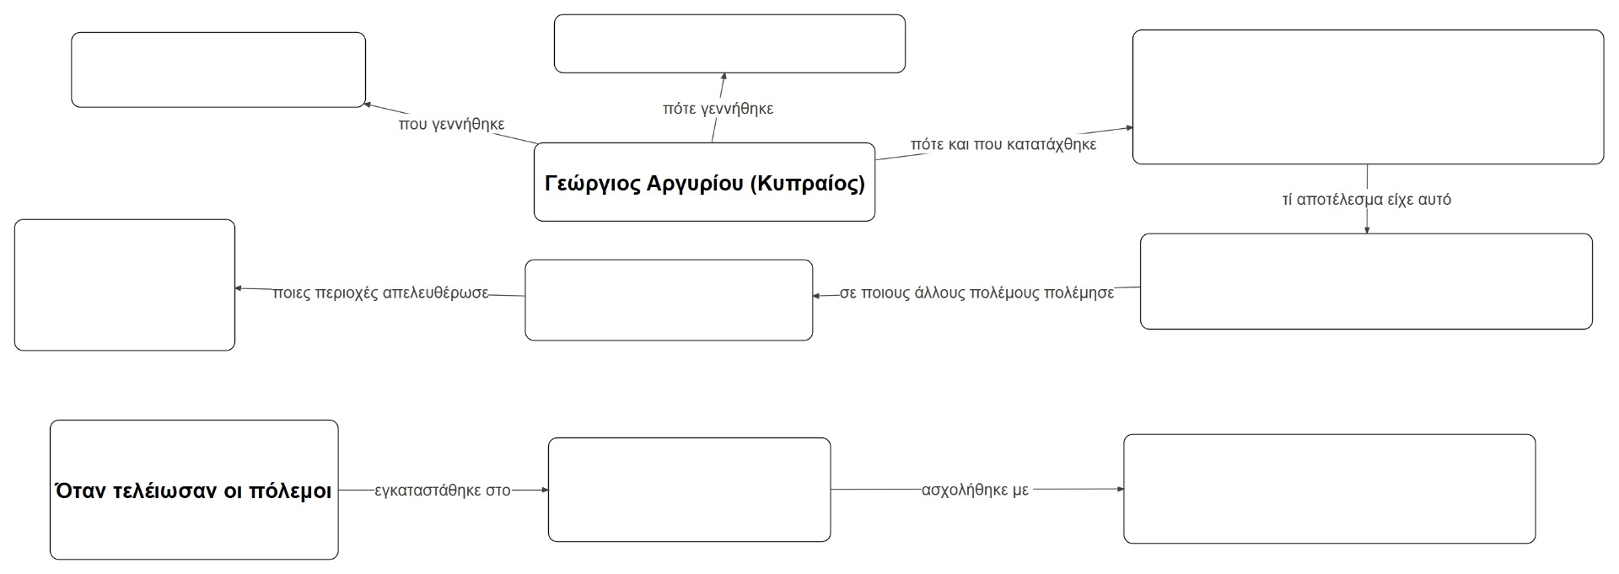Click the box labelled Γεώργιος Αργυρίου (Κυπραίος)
point(704,182)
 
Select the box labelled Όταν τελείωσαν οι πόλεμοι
point(194,490)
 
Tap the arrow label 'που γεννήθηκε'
point(452,125)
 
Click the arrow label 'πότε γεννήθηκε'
point(718,109)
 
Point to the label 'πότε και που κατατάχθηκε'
point(1003,144)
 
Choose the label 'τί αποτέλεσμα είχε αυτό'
point(1367,200)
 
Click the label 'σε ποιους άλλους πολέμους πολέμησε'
point(976,293)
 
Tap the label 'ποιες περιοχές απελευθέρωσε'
point(381,293)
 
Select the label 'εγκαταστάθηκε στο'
point(443,491)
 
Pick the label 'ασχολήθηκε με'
point(975,491)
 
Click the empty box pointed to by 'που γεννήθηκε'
point(218,70)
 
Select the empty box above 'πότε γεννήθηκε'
point(729,44)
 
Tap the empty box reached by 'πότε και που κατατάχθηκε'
point(1368,97)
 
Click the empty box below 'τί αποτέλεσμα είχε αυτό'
point(1366,282)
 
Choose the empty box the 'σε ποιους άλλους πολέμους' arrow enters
point(669,300)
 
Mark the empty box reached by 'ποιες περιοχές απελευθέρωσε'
point(125,285)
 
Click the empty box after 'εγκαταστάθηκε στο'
point(689,490)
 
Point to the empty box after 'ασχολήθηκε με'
point(1329,489)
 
